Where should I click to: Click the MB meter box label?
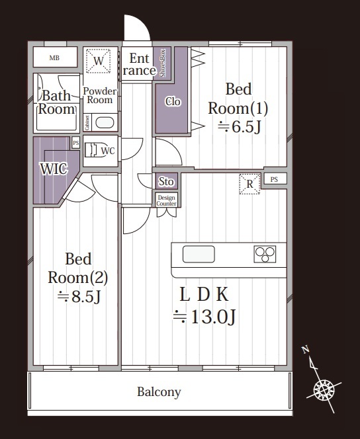pos(54,58)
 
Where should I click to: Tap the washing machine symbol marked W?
pos(98,61)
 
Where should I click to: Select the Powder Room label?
pos(100,95)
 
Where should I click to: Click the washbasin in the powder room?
pos(105,122)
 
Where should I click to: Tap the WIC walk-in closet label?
pos(54,169)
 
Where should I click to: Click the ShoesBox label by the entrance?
pos(163,63)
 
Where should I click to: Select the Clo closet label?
pos(173,101)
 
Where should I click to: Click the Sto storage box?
pos(167,181)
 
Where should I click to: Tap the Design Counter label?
pos(166,200)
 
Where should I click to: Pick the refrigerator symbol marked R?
pos(249,184)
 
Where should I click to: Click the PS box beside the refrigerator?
pos(274,179)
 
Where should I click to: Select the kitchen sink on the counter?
pos(199,255)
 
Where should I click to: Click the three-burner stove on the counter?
pos(265,255)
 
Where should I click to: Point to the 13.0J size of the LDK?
pos(204,317)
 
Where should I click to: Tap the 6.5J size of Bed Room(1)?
pos(240,127)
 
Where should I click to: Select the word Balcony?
pos(159,392)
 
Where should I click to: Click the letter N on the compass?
pos(305,349)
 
